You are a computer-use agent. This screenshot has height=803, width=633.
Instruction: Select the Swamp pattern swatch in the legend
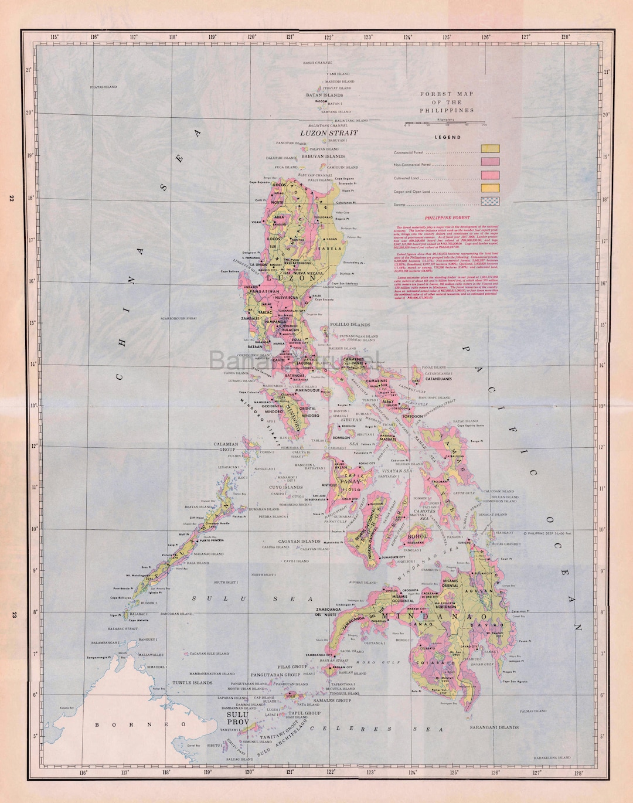489,202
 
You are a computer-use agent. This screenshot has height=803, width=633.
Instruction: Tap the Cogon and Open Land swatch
489,188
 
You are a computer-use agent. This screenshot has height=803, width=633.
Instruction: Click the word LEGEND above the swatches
448,137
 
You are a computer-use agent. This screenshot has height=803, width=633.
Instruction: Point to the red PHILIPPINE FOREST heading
447,217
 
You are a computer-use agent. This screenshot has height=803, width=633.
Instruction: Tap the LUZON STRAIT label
329,133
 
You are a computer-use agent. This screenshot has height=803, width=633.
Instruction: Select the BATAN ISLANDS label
324,95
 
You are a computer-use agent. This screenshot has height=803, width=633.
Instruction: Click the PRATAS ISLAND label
103,87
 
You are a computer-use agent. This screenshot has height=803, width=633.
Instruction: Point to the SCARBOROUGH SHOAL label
178,318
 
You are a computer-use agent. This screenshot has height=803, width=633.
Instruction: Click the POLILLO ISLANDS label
350,324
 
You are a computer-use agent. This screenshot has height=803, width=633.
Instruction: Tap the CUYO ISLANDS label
285,487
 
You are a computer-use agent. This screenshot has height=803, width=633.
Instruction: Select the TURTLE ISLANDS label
192,683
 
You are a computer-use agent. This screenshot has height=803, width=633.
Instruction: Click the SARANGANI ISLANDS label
494,727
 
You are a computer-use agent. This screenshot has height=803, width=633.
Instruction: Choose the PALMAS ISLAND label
533,711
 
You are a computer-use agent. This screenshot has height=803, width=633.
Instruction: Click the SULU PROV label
237,719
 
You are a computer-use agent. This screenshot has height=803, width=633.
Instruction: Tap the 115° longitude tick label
55,37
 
